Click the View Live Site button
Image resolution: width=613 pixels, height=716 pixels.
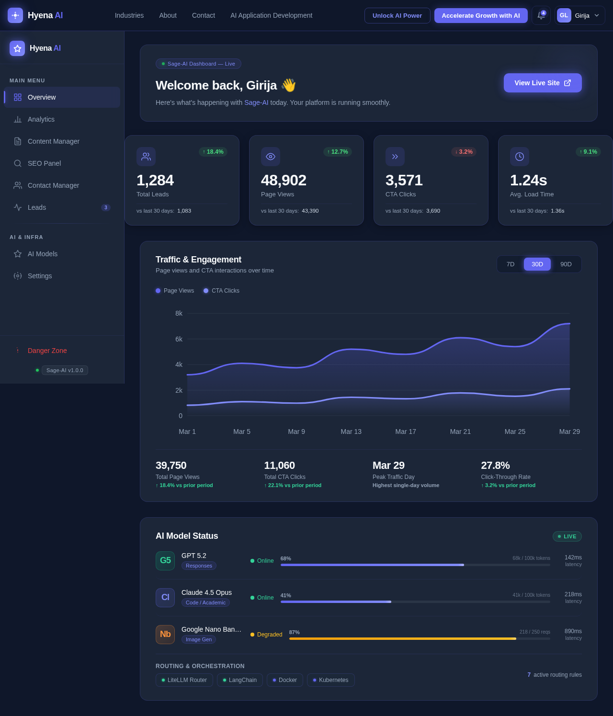543,83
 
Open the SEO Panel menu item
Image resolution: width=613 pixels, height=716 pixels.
44,163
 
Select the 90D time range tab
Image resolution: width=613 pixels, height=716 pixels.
566,264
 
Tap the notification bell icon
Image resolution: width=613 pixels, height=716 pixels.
541,15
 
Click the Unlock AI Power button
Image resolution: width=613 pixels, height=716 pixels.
397,15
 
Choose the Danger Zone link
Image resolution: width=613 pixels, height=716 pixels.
47,351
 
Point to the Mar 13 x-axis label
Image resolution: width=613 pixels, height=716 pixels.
351,432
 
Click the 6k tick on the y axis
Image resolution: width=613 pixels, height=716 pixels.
179,339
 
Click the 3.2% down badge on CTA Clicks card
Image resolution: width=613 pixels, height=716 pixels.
464,152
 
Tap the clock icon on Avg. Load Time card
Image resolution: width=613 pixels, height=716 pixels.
520,157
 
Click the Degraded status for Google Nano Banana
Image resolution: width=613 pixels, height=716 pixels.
266,635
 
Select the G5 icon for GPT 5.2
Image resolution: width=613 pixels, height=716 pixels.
165,561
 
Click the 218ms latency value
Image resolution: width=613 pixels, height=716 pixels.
573,594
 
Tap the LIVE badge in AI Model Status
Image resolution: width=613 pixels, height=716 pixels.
567,536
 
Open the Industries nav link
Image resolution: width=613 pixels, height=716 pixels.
129,15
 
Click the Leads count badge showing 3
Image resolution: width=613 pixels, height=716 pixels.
106,207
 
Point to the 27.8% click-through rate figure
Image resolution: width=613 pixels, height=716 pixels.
495,466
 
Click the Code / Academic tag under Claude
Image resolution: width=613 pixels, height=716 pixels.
205,602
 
